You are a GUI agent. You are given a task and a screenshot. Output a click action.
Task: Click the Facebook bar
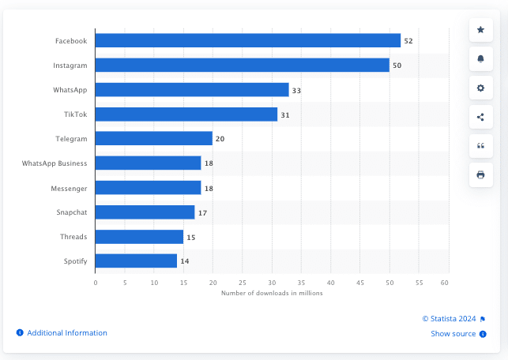[x=248, y=40]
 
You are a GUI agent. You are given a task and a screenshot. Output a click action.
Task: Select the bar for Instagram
[x=243, y=65]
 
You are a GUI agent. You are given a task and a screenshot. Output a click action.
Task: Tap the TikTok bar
[x=186, y=114]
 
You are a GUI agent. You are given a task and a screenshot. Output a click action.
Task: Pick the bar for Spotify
[x=136, y=261]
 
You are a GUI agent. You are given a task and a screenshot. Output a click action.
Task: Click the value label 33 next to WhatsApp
[x=296, y=90]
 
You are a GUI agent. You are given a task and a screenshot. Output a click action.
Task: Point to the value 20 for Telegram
[x=220, y=139]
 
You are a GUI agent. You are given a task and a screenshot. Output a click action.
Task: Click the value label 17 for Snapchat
[x=202, y=212]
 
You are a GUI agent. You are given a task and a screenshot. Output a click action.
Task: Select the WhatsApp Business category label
[x=55, y=163]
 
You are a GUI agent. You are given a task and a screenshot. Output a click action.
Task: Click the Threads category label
[x=74, y=237]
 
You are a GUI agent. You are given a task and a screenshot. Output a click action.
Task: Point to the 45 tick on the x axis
[x=360, y=282]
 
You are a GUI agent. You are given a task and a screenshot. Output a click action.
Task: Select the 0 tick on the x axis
[x=96, y=282]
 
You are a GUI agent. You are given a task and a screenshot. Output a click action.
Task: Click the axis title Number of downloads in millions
[x=272, y=293]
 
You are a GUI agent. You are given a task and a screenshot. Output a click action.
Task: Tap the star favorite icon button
[x=480, y=29]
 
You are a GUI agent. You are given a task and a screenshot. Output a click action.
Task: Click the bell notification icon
[x=480, y=58]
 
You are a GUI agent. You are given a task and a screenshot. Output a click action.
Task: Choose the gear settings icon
[x=480, y=88]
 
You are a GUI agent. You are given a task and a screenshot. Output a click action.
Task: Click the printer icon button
[x=480, y=174]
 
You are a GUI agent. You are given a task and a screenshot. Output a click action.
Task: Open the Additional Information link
[x=66, y=333]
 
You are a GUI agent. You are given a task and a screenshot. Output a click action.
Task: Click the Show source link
[x=453, y=334]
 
